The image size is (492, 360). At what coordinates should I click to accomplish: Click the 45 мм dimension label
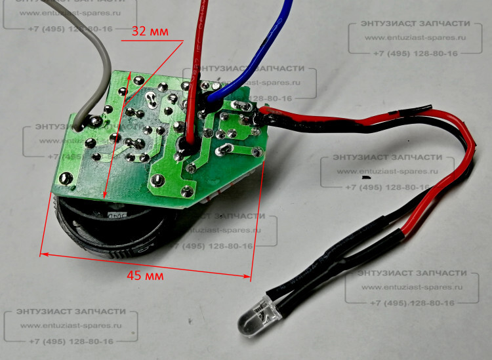(x=142, y=275)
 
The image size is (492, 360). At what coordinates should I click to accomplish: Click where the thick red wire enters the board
(x=190, y=140)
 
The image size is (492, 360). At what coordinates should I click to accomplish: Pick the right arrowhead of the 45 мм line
(x=249, y=277)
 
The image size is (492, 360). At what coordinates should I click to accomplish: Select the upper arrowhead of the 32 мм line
(x=131, y=72)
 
